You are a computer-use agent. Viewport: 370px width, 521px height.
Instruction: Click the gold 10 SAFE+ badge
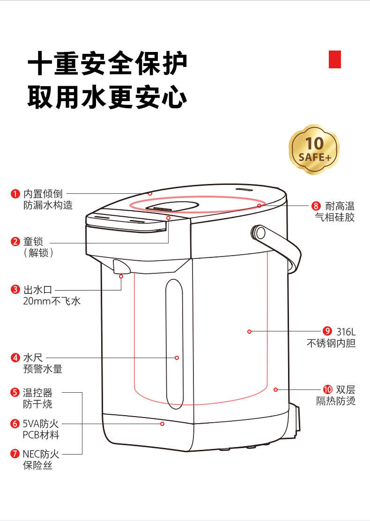[x=314, y=149]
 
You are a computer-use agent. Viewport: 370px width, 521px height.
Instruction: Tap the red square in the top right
[x=334, y=59]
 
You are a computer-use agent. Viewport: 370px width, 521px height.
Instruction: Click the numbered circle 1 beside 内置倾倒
[x=15, y=193]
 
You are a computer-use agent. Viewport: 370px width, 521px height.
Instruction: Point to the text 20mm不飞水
[x=52, y=301]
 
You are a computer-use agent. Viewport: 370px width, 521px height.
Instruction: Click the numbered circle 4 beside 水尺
[x=15, y=358]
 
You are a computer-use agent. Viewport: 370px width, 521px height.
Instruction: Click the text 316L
[x=346, y=331]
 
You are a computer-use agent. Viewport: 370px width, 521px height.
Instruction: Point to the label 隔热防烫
[x=335, y=401]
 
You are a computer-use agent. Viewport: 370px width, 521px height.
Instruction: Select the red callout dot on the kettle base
[x=162, y=424]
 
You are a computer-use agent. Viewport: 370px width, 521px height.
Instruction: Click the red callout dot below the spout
[x=121, y=276]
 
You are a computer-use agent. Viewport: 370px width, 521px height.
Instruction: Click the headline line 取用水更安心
[x=108, y=97]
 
